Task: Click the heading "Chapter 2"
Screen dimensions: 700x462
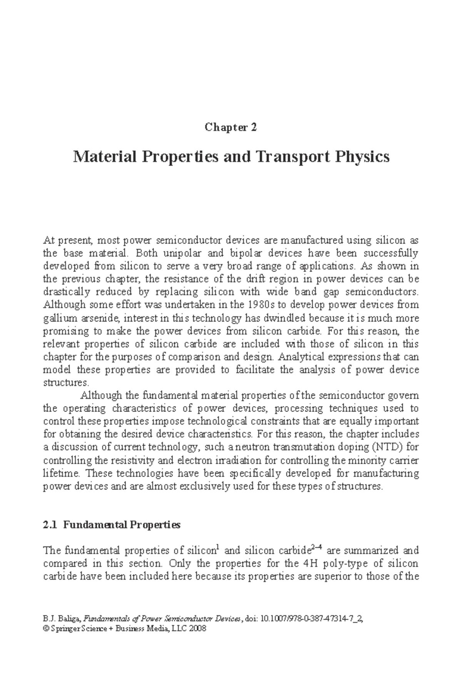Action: point(231,127)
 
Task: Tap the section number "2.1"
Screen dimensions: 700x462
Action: point(50,525)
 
